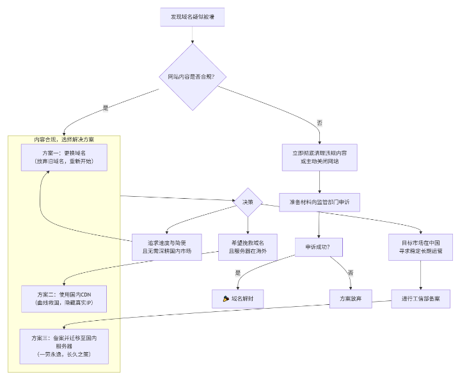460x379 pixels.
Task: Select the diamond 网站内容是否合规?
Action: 192,77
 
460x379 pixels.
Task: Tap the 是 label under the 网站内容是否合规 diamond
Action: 106,108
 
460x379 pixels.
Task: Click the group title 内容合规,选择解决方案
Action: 64,139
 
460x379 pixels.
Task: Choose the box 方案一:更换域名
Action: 64,157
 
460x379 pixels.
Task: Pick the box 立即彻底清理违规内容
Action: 319,157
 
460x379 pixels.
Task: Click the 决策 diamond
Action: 248,202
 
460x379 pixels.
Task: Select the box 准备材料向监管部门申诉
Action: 319,202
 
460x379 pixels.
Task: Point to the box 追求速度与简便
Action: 166,247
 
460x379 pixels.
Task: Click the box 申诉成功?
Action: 319,247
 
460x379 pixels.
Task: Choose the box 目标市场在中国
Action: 421,247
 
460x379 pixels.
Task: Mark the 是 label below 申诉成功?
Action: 238,273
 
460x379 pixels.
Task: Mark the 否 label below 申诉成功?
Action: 350,273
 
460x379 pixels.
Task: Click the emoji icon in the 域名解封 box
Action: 226,298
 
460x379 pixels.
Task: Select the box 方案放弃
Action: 350,298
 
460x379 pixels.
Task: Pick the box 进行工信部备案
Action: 421,298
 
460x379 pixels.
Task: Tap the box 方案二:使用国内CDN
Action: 64,298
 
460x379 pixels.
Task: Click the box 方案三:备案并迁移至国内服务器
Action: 64,345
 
